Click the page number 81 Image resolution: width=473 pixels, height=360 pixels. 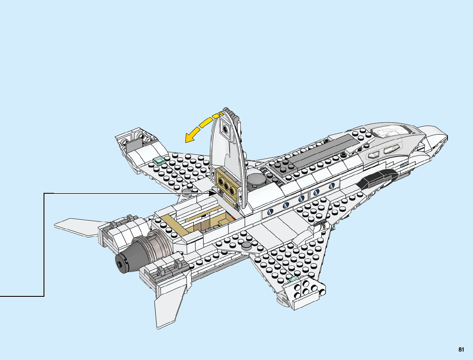(x=461, y=349)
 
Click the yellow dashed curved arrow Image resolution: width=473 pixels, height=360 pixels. (x=202, y=127)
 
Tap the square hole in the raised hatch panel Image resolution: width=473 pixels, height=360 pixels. (x=225, y=129)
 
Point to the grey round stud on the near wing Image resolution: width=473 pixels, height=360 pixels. (x=246, y=245)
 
